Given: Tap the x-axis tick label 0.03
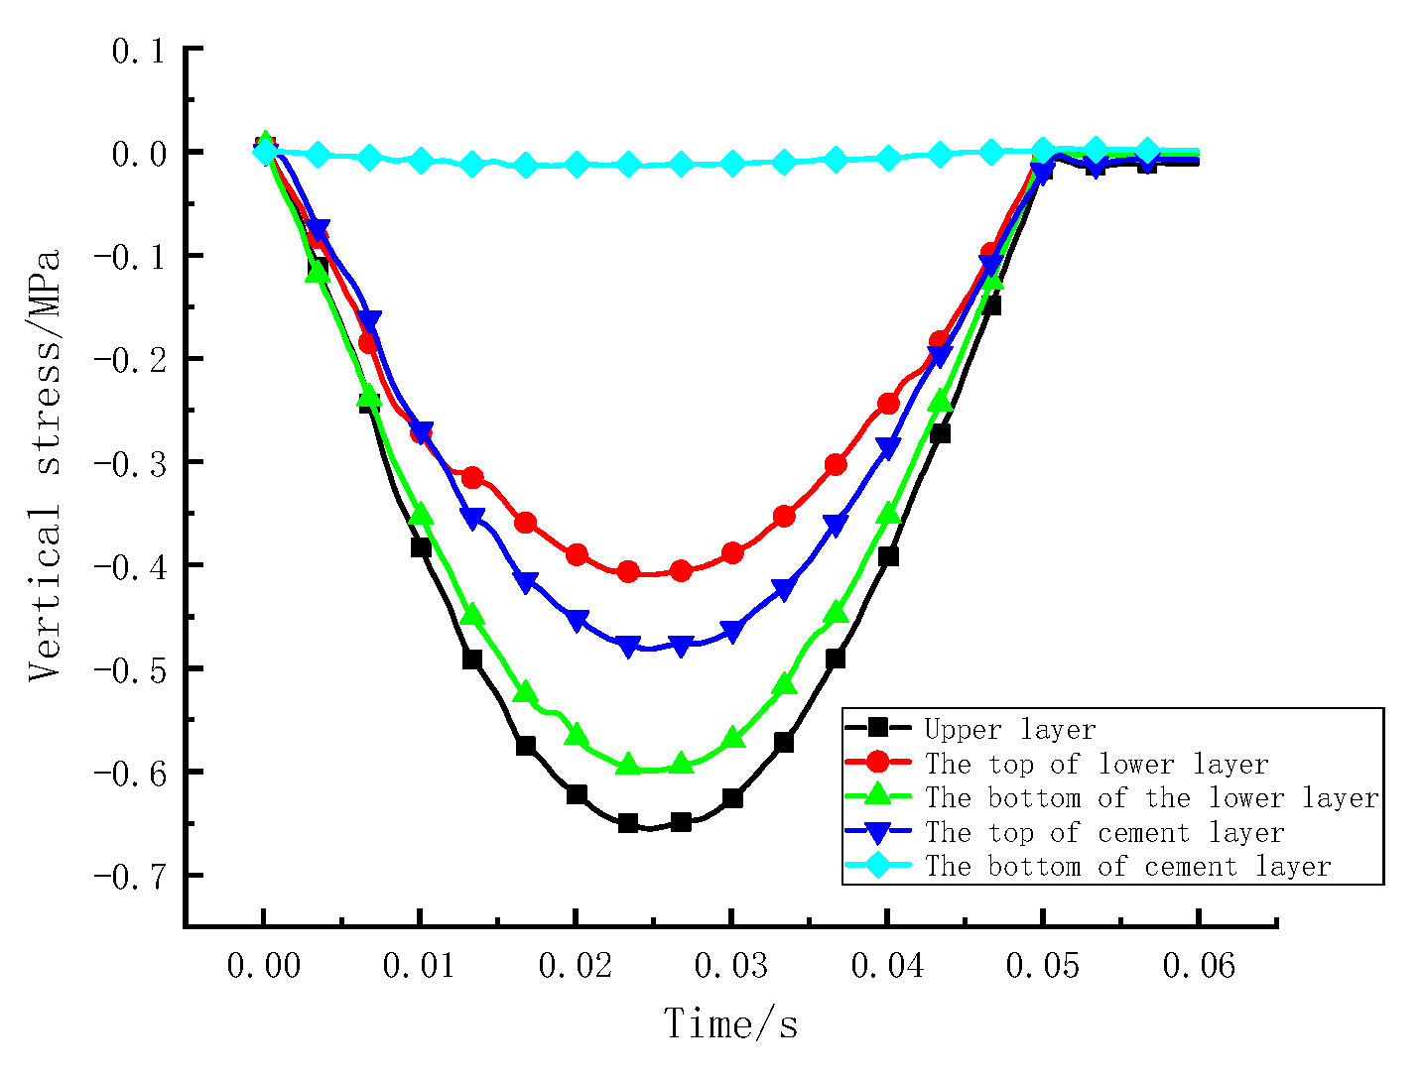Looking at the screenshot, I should coord(731,965).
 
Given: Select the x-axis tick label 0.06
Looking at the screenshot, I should coord(1199,965).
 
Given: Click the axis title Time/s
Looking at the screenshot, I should coord(730,1023).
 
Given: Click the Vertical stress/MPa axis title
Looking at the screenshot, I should coord(46,464).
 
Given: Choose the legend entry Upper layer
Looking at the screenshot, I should coord(1009,730).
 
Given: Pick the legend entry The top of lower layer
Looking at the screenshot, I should coord(1097,764).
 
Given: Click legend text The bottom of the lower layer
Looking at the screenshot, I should coord(1151,798).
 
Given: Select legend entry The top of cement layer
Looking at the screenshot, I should coord(1104,832).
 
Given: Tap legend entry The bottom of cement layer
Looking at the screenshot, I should coord(1127,867).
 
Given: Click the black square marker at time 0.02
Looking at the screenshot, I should coord(577,794).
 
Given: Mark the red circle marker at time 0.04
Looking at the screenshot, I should coord(888,404).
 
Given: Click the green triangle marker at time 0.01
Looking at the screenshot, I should coord(421,514).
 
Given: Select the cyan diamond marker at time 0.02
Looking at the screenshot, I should coord(577,165).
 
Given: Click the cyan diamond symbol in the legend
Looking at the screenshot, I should coord(877,866).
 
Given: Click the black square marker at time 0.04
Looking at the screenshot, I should coord(888,556).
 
